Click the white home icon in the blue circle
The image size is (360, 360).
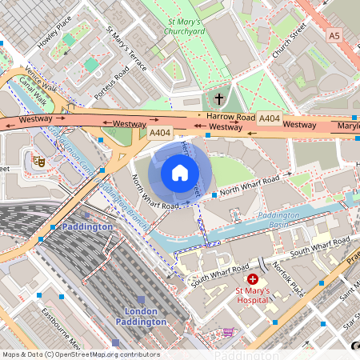pyautogui.click(x=180, y=172)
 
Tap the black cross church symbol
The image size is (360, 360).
pyautogui.click(x=219, y=99)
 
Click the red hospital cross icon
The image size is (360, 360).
pyautogui.click(x=253, y=279)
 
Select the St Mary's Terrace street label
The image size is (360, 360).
pyautogui.click(x=126, y=49)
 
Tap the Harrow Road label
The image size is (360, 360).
pyautogui.click(x=230, y=117)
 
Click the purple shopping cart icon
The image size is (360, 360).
pyautogui.click(x=229, y=331)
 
